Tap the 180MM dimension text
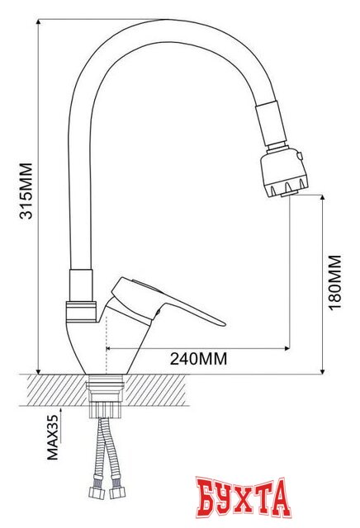334,280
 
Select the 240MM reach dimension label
198,359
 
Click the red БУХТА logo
244,497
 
